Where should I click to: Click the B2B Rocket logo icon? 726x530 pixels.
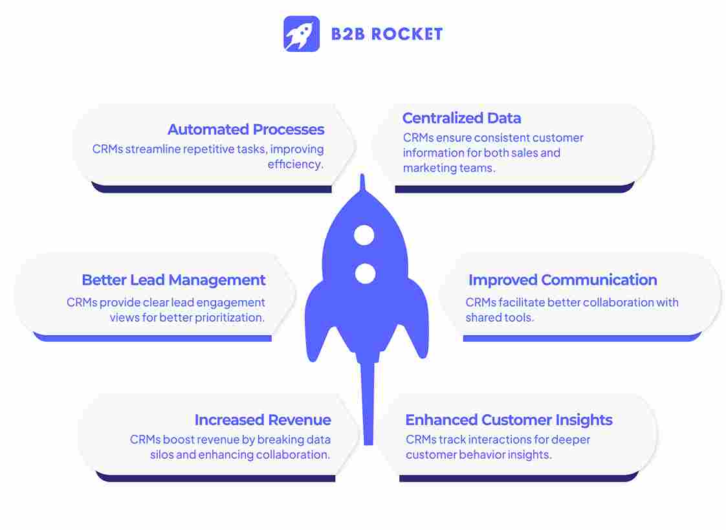pyautogui.click(x=301, y=34)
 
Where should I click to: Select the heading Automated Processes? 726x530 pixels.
pyautogui.click(x=246, y=129)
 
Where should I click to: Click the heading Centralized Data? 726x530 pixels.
pyautogui.click(x=461, y=118)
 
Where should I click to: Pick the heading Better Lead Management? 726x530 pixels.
pyautogui.click(x=173, y=280)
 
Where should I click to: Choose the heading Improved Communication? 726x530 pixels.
pyautogui.click(x=562, y=280)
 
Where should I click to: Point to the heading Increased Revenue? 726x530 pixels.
pyautogui.click(x=263, y=420)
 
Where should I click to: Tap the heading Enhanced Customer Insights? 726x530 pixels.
pyautogui.click(x=509, y=420)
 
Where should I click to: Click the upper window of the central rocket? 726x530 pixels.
pyautogui.click(x=364, y=235)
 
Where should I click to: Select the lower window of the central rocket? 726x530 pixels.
pyautogui.click(x=366, y=273)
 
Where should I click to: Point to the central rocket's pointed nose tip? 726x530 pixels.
pyautogui.click(x=363, y=180)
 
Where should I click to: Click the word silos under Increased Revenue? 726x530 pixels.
pyautogui.click(x=161, y=455)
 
